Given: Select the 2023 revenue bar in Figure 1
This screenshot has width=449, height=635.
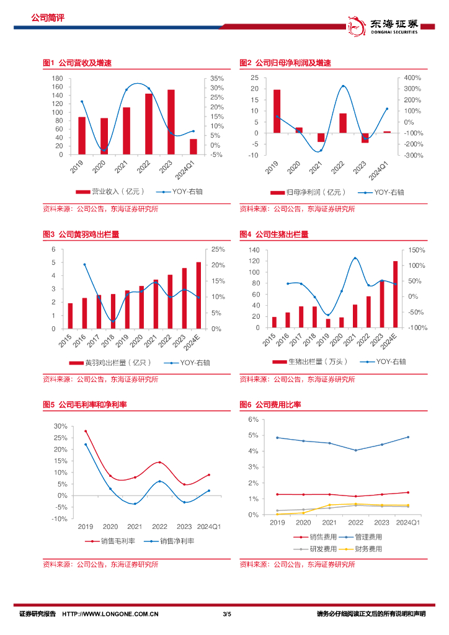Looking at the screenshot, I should coord(171,122).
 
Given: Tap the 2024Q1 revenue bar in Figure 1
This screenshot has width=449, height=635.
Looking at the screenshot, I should coord(193,146).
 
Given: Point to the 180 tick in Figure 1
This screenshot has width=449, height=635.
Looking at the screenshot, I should coord(57,78).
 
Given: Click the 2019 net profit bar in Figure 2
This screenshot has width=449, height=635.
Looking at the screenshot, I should coord(277,111).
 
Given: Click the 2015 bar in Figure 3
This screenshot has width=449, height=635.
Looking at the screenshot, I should coord(70,316).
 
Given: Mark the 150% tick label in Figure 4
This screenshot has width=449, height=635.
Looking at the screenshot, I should coord(417,250).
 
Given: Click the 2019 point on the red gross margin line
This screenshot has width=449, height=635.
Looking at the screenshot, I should coord(86,431).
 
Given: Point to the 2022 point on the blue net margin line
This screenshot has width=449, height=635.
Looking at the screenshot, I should coord(159,481).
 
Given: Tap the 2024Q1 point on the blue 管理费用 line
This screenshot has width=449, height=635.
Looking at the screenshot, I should coord(408,437).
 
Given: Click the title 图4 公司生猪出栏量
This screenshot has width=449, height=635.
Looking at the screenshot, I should coord(273,234).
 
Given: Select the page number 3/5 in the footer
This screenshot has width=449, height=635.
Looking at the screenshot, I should coord(226,614).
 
